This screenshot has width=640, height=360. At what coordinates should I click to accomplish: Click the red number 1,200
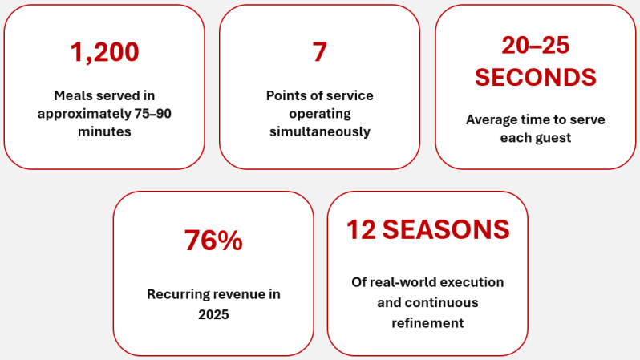104,52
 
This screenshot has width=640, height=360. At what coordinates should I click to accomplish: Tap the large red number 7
319,52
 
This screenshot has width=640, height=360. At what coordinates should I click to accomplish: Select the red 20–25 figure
535,45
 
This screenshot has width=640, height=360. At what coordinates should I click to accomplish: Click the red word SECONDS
536,77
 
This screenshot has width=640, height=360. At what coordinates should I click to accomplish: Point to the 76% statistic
213,240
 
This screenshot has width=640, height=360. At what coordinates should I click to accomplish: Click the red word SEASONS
446,229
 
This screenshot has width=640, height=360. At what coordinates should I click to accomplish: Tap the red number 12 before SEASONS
361,229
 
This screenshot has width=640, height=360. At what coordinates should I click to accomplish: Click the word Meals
71,95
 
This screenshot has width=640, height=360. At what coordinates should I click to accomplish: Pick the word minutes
104,131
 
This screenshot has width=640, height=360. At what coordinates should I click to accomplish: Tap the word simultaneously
319,131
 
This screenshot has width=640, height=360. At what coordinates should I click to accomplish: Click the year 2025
213,314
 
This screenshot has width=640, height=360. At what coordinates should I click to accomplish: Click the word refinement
427,323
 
